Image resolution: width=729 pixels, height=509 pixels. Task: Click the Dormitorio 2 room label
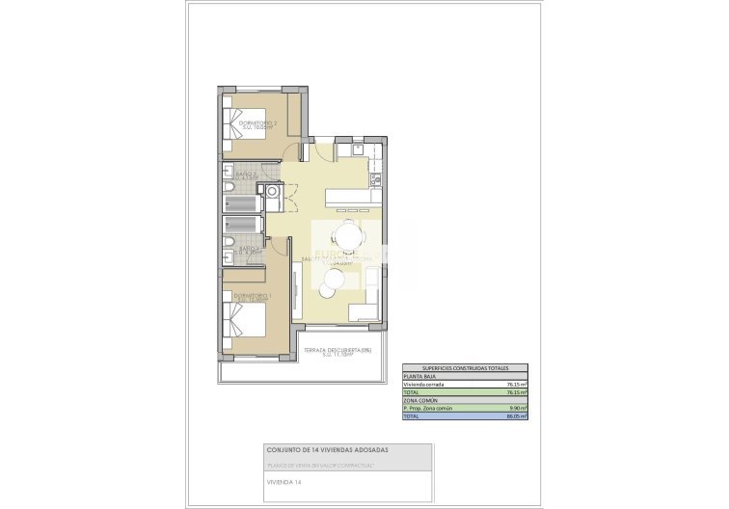pyautogui.click(x=257, y=124)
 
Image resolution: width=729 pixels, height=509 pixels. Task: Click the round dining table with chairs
pyautogui.click(x=346, y=234)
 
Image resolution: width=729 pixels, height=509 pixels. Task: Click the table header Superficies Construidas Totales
pyautogui.click(x=466, y=367)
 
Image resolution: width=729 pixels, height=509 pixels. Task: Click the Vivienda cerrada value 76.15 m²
pyautogui.click(x=516, y=384)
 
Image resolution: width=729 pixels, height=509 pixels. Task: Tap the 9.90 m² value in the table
pyautogui.click(x=518, y=409)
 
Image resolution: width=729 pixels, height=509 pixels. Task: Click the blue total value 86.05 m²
pyautogui.click(x=516, y=416)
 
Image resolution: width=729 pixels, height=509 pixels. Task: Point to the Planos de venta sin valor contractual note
pyautogui.click(x=319, y=464)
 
